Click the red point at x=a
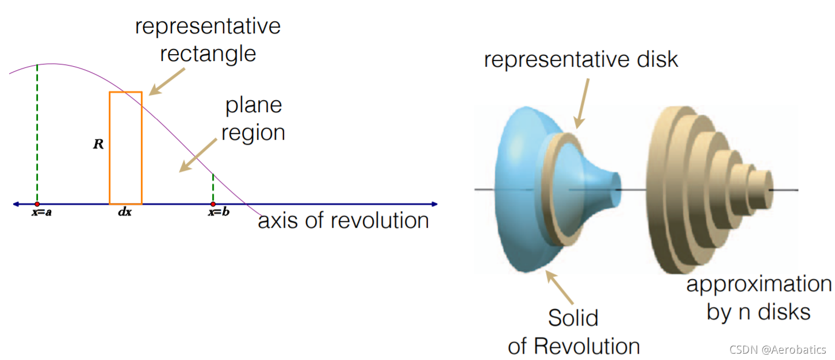point(37,204)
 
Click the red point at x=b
point(213,204)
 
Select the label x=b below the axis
point(219,213)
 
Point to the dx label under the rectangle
point(124,213)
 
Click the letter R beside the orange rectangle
point(98,144)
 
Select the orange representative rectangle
point(125,148)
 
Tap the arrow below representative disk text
point(583,103)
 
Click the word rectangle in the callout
point(208,53)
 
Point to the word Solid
point(573,318)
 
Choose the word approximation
point(759,284)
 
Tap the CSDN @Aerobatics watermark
point(777,350)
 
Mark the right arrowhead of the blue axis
point(434,204)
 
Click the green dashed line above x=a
point(37,132)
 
